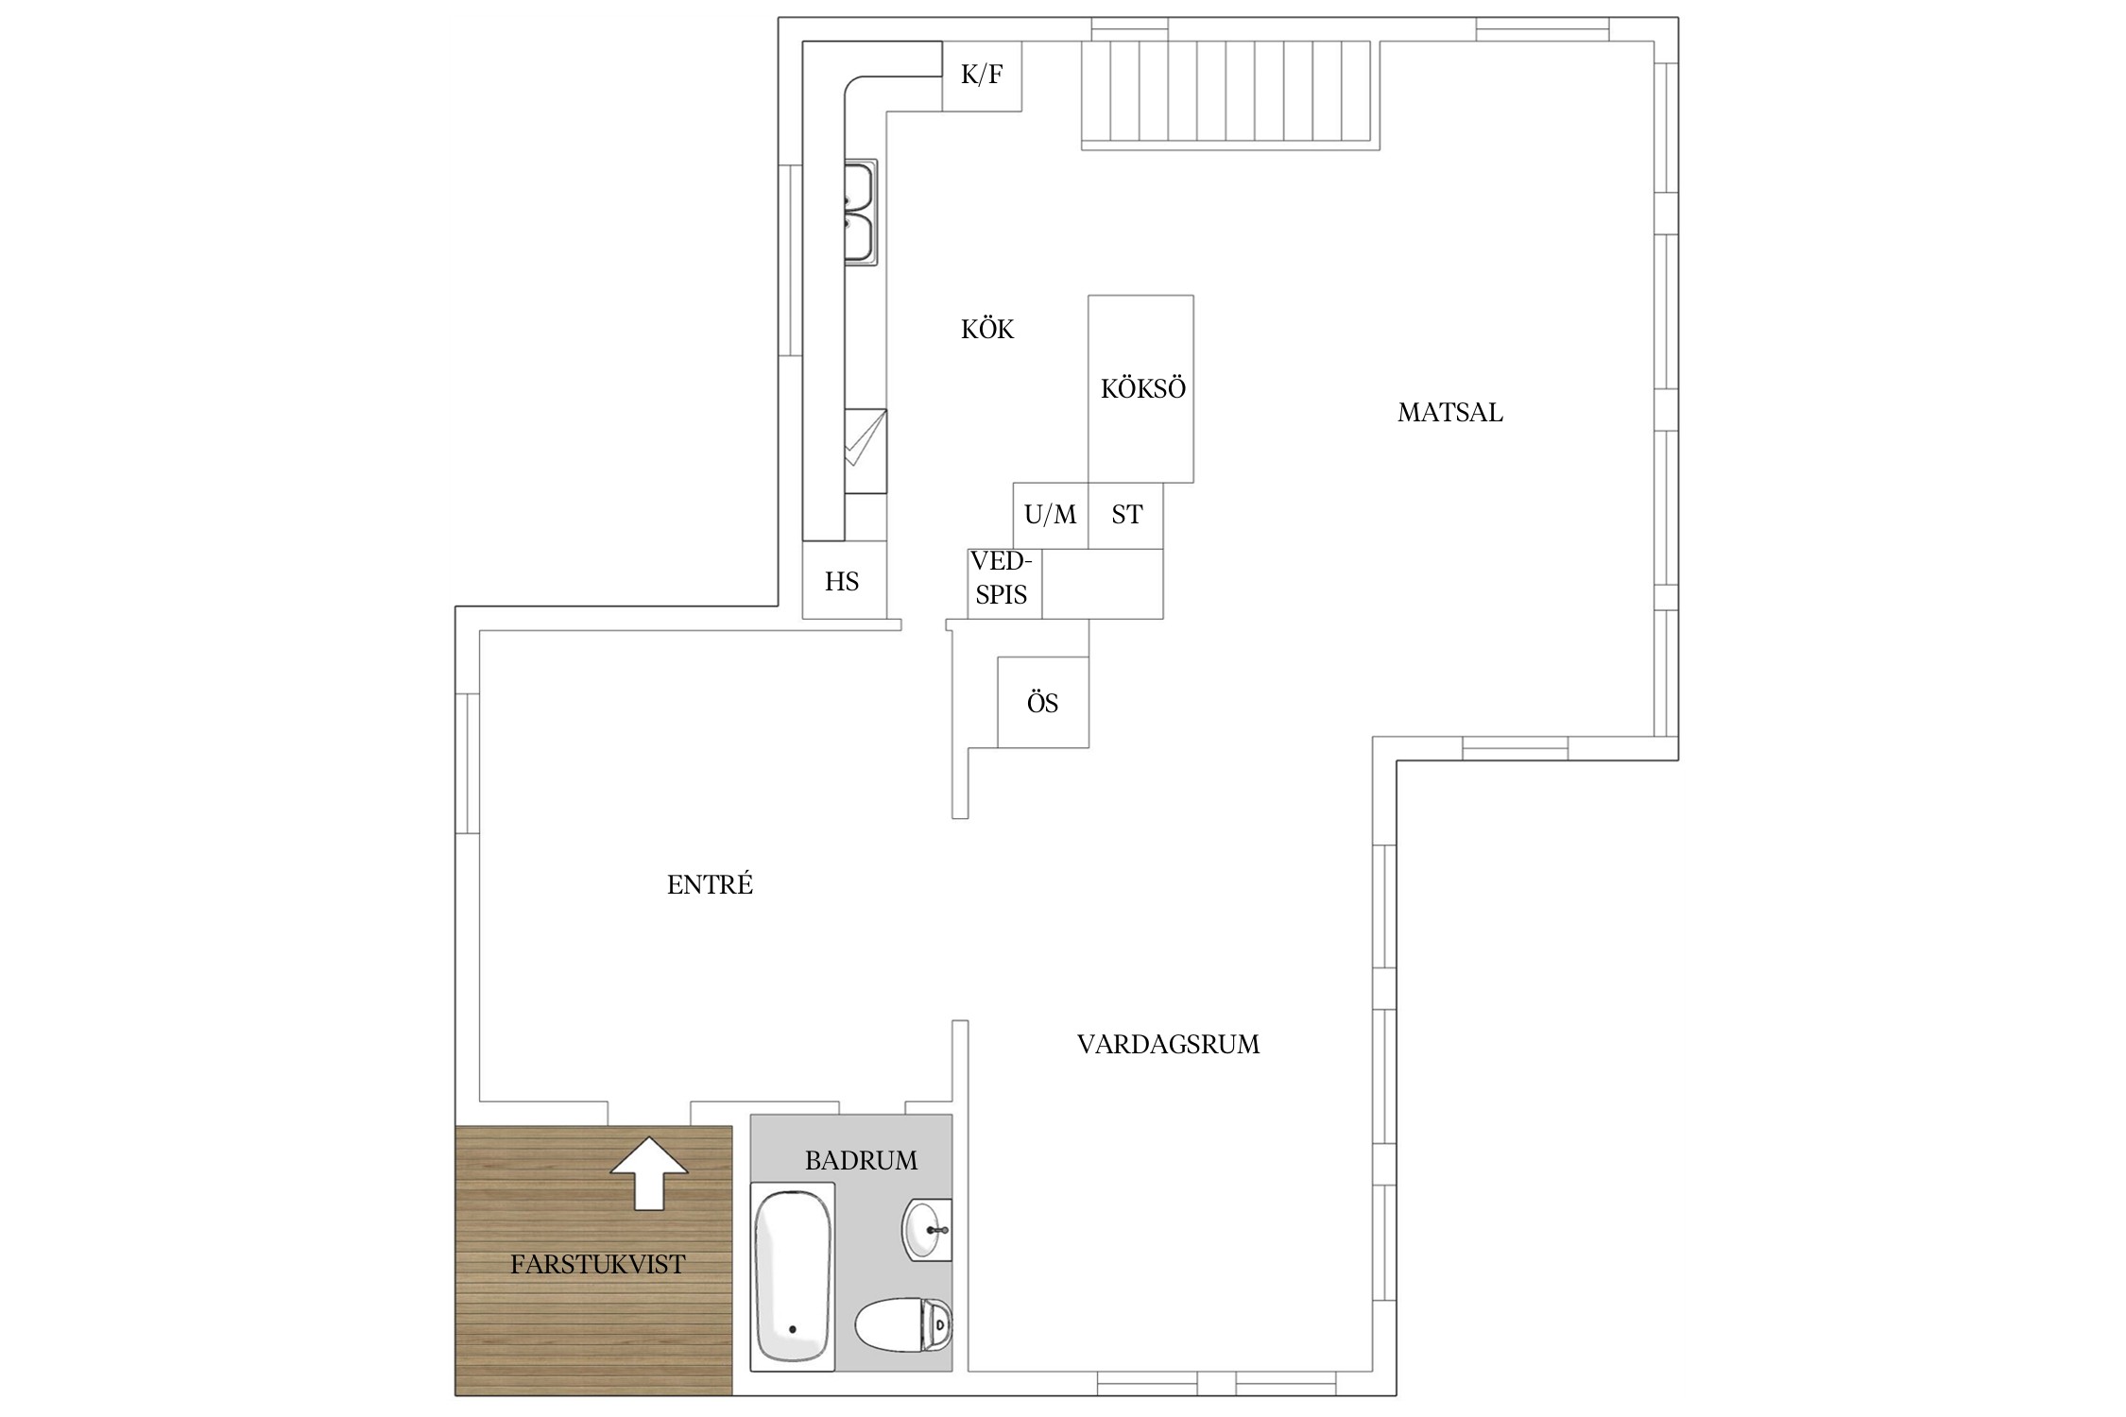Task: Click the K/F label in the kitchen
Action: pyautogui.click(x=982, y=75)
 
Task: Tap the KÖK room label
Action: pyautogui.click(x=987, y=329)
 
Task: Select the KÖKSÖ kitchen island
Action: pyautogui.click(x=1140, y=388)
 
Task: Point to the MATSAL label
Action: pyautogui.click(x=1450, y=412)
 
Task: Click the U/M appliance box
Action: pyautogui.click(x=1051, y=516)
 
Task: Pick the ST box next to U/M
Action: pyautogui.click(x=1126, y=516)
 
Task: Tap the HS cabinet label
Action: pyautogui.click(x=842, y=581)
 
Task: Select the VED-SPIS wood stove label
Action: pyautogui.click(x=1002, y=577)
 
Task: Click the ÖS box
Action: pyautogui.click(x=1043, y=702)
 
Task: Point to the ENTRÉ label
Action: pyautogui.click(x=710, y=884)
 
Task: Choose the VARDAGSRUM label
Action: pyautogui.click(x=1168, y=1044)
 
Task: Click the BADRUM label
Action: pyautogui.click(x=861, y=1160)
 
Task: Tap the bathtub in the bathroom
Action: pyautogui.click(x=793, y=1275)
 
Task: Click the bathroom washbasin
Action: pyautogui.click(x=927, y=1229)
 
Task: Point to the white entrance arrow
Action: pyautogui.click(x=649, y=1173)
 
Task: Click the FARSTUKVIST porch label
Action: pyautogui.click(x=597, y=1264)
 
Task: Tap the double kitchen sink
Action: pyautogui.click(x=860, y=213)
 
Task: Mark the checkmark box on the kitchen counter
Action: pyautogui.click(x=866, y=451)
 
